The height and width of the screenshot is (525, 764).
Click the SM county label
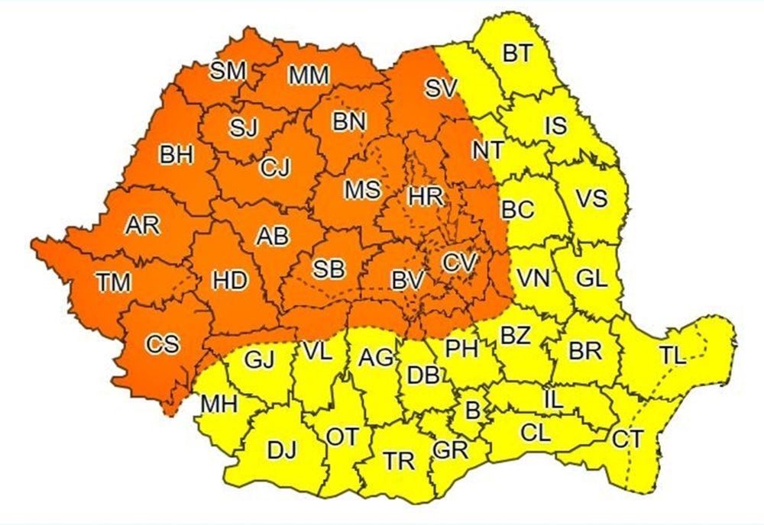(x=228, y=71)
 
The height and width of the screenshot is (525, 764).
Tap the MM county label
(x=309, y=75)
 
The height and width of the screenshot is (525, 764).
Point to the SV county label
(x=440, y=89)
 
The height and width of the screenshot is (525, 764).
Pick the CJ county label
(x=274, y=167)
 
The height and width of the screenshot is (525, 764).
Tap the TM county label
(x=114, y=282)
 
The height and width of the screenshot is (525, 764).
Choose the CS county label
(x=162, y=344)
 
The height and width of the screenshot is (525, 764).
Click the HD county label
(x=231, y=281)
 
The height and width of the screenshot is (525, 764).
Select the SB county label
(x=329, y=269)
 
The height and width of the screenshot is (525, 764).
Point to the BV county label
(x=407, y=281)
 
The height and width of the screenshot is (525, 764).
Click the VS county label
(x=591, y=199)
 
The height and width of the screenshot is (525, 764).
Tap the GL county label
(x=592, y=279)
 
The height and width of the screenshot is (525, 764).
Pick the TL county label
(x=673, y=353)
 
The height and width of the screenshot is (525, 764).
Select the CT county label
(x=628, y=439)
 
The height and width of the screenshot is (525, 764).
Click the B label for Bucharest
(x=473, y=411)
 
